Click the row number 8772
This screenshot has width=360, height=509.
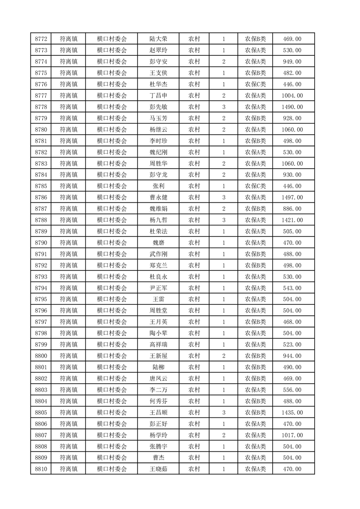click(41, 39)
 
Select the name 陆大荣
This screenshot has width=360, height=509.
click(158, 39)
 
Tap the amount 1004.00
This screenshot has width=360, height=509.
click(292, 96)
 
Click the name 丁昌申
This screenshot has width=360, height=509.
click(158, 96)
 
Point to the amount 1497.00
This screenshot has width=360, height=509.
click(292, 197)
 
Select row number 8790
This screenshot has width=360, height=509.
click(41, 243)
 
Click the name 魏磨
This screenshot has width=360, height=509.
click(158, 243)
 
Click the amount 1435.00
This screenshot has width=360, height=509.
click(292, 412)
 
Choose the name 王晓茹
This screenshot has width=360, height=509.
click(158, 469)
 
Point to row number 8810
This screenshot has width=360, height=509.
click(41, 469)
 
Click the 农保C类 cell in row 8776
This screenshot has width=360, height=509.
click(256, 84)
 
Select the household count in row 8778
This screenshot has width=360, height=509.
click(224, 107)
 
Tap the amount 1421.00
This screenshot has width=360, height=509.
click(292, 220)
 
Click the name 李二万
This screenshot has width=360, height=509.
click(158, 390)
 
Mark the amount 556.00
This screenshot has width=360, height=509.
click(292, 390)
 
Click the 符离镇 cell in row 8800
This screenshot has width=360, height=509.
click(69, 356)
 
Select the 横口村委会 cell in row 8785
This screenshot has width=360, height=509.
click(112, 186)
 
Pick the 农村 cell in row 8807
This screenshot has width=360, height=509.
click(194, 435)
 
